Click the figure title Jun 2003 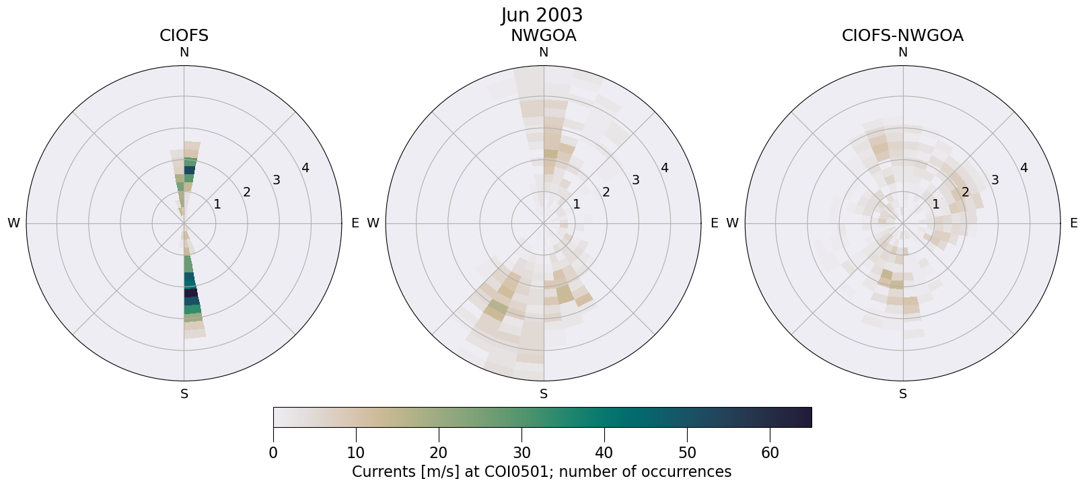point(542,15)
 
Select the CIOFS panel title point(184,36)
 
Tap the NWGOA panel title point(543,36)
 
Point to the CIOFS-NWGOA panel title point(902,36)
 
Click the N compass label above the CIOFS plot point(184,52)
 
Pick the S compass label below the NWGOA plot point(543,394)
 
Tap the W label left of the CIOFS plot point(13,223)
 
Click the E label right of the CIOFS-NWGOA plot point(1073,223)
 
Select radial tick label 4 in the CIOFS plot point(305,168)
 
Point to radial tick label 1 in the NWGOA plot point(577,204)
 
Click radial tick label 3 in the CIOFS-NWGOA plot point(995,180)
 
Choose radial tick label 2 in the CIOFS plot point(247,192)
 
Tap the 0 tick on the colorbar point(273,453)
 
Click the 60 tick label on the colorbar point(770,453)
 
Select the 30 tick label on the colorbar point(521,453)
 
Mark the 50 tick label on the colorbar point(687,453)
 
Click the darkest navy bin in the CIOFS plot point(191,293)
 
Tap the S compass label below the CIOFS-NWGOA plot point(902,394)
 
